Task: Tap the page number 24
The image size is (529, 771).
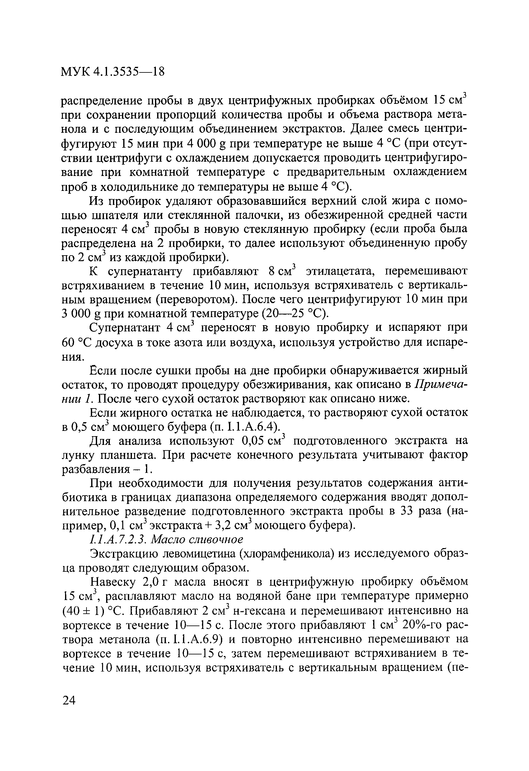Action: [69, 700]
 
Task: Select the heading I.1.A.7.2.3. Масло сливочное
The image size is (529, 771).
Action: [166, 539]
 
